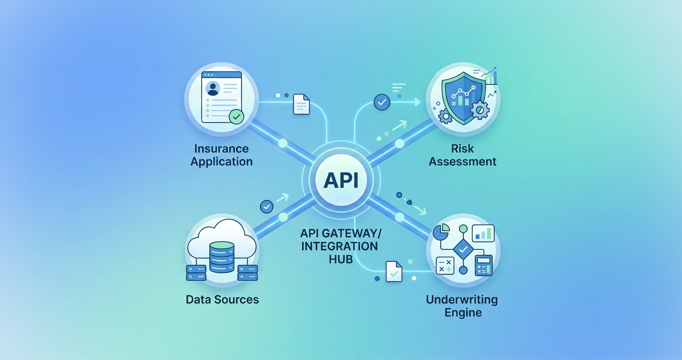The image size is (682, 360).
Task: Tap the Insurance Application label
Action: tap(221, 155)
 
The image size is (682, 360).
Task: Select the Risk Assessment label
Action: tap(463, 155)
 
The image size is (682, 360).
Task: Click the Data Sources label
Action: tap(222, 300)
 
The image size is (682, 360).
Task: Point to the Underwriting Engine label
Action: tap(462, 306)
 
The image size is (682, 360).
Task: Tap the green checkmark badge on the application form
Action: tap(236, 116)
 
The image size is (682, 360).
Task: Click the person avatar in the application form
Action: tap(213, 88)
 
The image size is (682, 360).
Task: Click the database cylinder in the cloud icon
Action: tap(222, 257)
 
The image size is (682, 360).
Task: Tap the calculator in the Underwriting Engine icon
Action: tap(483, 266)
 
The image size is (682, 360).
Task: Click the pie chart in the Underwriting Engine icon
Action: tap(441, 232)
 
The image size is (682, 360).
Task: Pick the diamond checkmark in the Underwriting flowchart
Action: tap(463, 249)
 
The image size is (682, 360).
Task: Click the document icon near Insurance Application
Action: tap(301, 104)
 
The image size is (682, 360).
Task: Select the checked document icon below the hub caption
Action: tap(394, 271)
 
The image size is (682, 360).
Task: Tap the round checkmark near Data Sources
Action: tap(266, 207)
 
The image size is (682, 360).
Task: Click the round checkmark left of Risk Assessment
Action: tap(382, 102)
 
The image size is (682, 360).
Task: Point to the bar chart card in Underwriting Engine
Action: tap(483, 233)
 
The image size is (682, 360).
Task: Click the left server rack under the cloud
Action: tap(196, 273)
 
